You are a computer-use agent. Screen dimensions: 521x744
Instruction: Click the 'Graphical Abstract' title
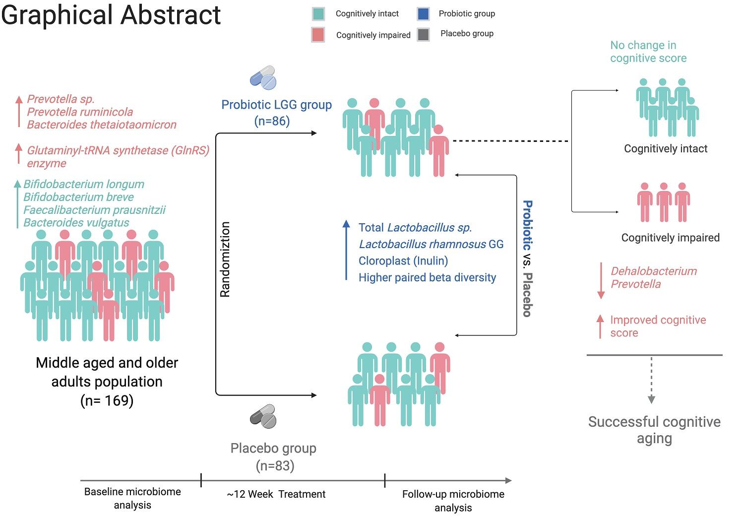tap(111, 15)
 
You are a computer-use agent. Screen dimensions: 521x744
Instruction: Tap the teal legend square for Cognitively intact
tap(318, 14)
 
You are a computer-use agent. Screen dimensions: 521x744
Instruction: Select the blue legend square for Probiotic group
tap(423, 14)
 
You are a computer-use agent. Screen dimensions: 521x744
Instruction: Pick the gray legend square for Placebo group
tap(423, 34)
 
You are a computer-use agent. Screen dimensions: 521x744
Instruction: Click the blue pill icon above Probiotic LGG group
tap(263, 77)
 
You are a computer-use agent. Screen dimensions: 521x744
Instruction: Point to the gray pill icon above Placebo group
tap(263, 416)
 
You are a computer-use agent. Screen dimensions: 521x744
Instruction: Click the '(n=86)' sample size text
tap(272, 121)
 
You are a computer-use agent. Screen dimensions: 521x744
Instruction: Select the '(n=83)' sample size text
tap(275, 466)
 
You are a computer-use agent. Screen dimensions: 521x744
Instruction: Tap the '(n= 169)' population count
tap(107, 400)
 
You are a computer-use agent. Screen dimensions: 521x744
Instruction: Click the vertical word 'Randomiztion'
tap(225, 259)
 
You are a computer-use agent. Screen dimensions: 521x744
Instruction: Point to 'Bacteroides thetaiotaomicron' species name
tap(102, 125)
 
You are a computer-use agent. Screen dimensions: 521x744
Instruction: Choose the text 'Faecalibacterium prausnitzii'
tap(95, 210)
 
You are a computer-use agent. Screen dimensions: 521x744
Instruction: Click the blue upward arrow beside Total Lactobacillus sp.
tap(346, 251)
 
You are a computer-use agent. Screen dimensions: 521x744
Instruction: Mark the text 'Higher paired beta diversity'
tap(427, 278)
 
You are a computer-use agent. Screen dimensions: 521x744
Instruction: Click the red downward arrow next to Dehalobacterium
tap(601, 280)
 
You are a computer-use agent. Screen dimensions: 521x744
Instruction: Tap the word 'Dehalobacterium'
tap(654, 271)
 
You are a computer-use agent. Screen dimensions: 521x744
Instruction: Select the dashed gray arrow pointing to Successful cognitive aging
tap(651, 380)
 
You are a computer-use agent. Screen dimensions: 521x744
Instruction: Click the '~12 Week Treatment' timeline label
tap(276, 494)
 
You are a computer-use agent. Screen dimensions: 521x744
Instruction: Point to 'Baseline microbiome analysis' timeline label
tap(132, 498)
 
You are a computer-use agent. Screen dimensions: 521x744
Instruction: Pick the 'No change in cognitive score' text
tap(648, 52)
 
